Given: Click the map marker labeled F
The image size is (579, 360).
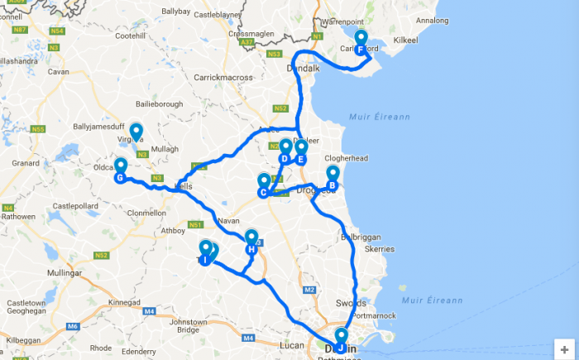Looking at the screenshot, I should [x=361, y=41].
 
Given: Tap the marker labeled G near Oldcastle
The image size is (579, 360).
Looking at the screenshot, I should [x=120, y=170].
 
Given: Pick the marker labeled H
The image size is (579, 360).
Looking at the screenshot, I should [x=251, y=242].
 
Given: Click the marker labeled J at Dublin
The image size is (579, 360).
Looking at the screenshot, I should [x=341, y=340].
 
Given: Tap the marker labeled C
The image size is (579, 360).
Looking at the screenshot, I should [x=263, y=185].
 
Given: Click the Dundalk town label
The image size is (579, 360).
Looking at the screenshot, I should [x=303, y=70].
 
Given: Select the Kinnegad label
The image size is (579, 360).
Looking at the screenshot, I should [x=125, y=302].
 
